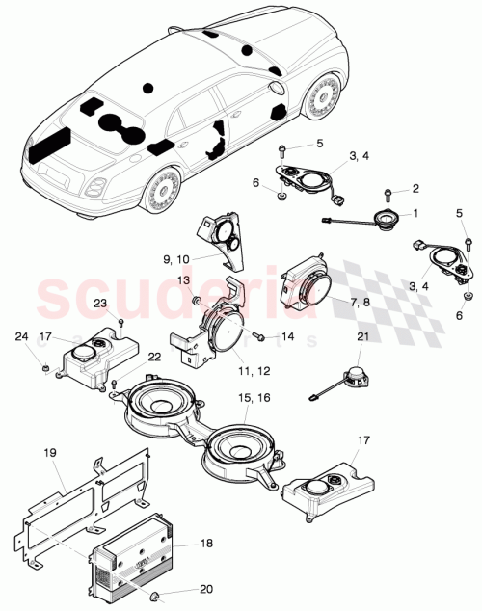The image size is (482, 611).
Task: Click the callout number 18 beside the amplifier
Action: (x=206, y=545)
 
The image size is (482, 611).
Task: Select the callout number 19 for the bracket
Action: (x=50, y=450)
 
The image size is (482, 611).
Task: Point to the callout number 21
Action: (x=362, y=335)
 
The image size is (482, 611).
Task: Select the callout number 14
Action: (x=284, y=338)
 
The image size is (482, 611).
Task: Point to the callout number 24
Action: (x=21, y=337)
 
